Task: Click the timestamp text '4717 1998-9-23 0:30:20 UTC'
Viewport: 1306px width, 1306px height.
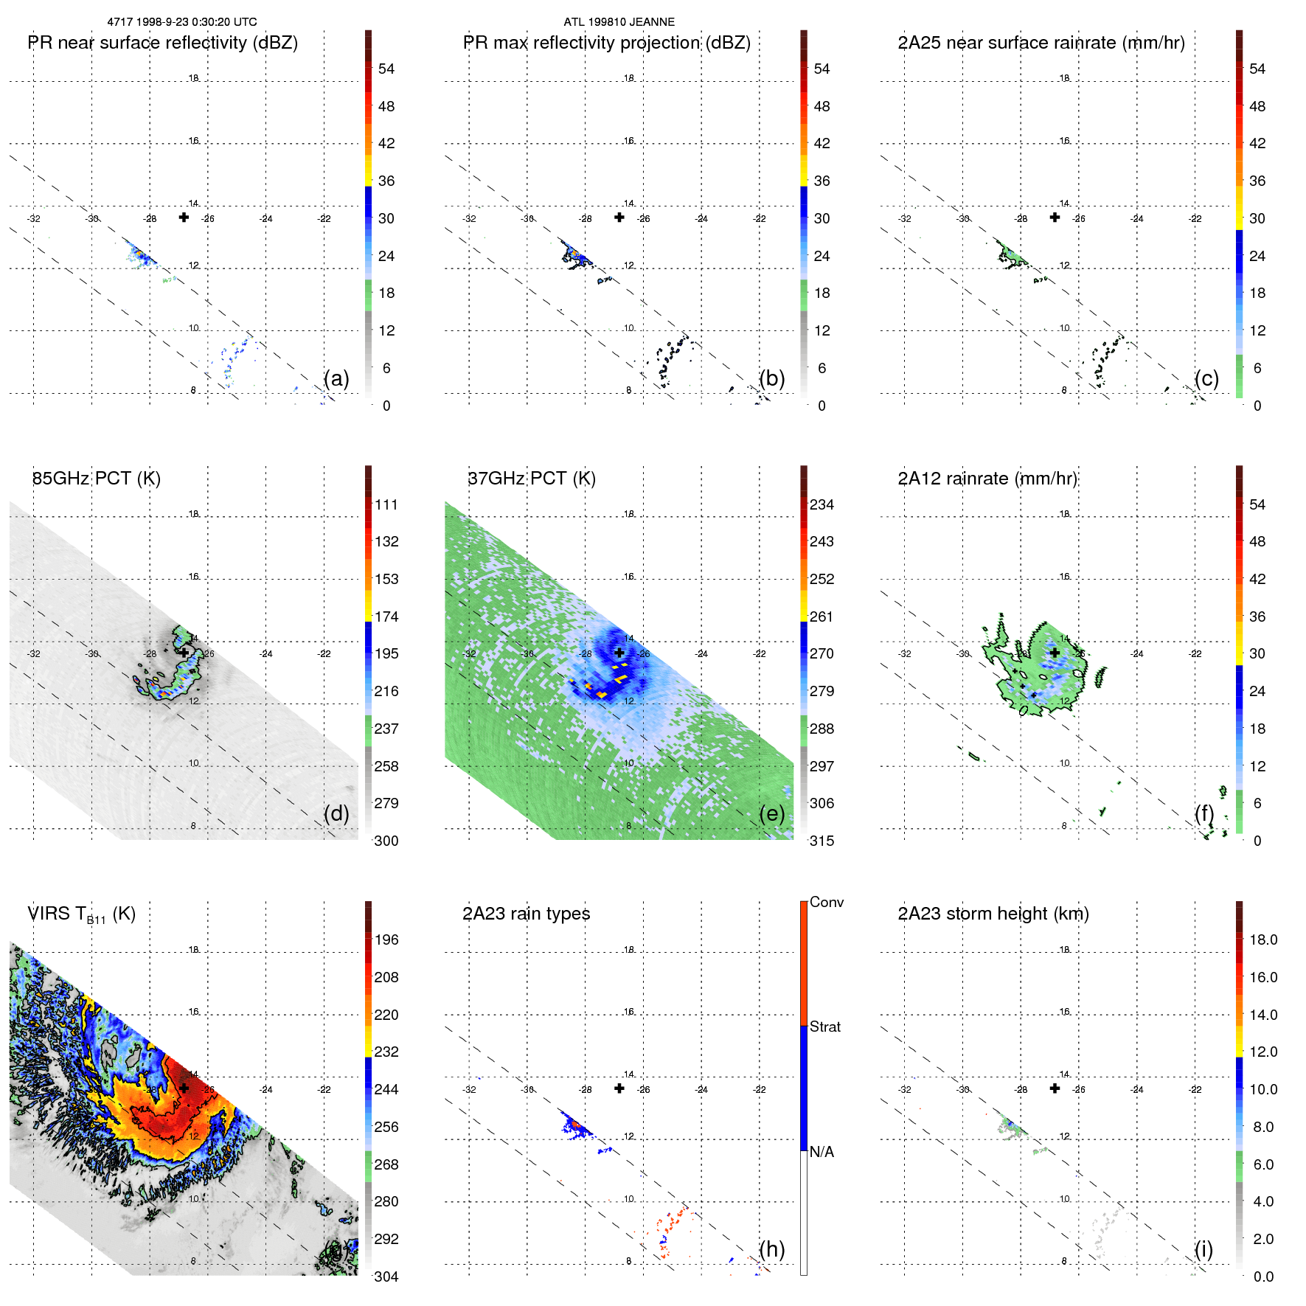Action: point(182,22)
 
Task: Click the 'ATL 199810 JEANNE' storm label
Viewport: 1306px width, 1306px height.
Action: point(619,22)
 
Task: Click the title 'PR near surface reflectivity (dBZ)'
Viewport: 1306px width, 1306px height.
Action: point(162,43)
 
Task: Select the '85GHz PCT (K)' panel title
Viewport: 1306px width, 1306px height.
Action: point(96,479)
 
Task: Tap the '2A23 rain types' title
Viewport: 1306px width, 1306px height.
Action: point(526,914)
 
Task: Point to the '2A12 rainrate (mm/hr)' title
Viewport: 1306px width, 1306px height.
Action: point(987,479)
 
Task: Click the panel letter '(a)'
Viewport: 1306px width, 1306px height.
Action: point(336,378)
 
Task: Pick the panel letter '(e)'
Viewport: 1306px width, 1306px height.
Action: point(772,813)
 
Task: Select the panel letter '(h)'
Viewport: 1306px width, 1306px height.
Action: point(772,1249)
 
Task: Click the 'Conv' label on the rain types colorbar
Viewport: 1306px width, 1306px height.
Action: point(827,902)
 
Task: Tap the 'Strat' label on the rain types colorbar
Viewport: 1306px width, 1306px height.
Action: point(825,1027)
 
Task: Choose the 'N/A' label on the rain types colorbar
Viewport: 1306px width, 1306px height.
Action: point(822,1152)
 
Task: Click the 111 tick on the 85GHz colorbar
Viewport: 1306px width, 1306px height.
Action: point(386,504)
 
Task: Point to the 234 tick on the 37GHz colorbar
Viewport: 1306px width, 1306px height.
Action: point(822,504)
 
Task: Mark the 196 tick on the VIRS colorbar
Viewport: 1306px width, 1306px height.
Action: point(386,939)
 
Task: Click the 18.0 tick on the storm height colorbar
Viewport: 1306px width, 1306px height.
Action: point(1263,939)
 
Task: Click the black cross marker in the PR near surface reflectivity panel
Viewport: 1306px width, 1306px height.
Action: point(184,217)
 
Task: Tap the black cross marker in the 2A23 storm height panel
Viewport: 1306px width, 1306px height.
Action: point(1055,1088)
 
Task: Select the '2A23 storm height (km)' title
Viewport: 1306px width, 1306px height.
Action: point(993,914)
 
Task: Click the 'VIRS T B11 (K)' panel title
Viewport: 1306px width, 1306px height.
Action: point(81,914)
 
